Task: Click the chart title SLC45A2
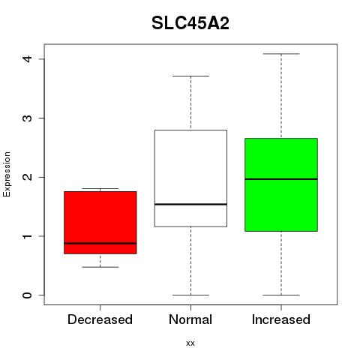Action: point(190,23)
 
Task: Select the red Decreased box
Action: point(100,223)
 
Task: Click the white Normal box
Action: point(190,178)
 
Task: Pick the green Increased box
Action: point(281,184)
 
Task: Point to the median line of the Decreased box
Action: point(100,243)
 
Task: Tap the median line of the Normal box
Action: point(190,204)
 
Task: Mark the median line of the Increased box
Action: point(281,179)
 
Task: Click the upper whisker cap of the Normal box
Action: point(190,76)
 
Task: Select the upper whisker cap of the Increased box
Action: point(281,54)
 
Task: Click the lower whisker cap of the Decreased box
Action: point(100,267)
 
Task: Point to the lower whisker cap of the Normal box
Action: point(190,295)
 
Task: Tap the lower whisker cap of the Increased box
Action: point(281,295)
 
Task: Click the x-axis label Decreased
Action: point(100,319)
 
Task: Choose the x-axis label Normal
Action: point(190,319)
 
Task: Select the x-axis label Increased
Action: point(281,319)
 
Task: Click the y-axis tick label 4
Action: point(27,59)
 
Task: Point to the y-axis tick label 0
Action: point(27,295)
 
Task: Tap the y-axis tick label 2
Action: point(27,177)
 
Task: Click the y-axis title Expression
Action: point(7,174)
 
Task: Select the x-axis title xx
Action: point(190,343)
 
